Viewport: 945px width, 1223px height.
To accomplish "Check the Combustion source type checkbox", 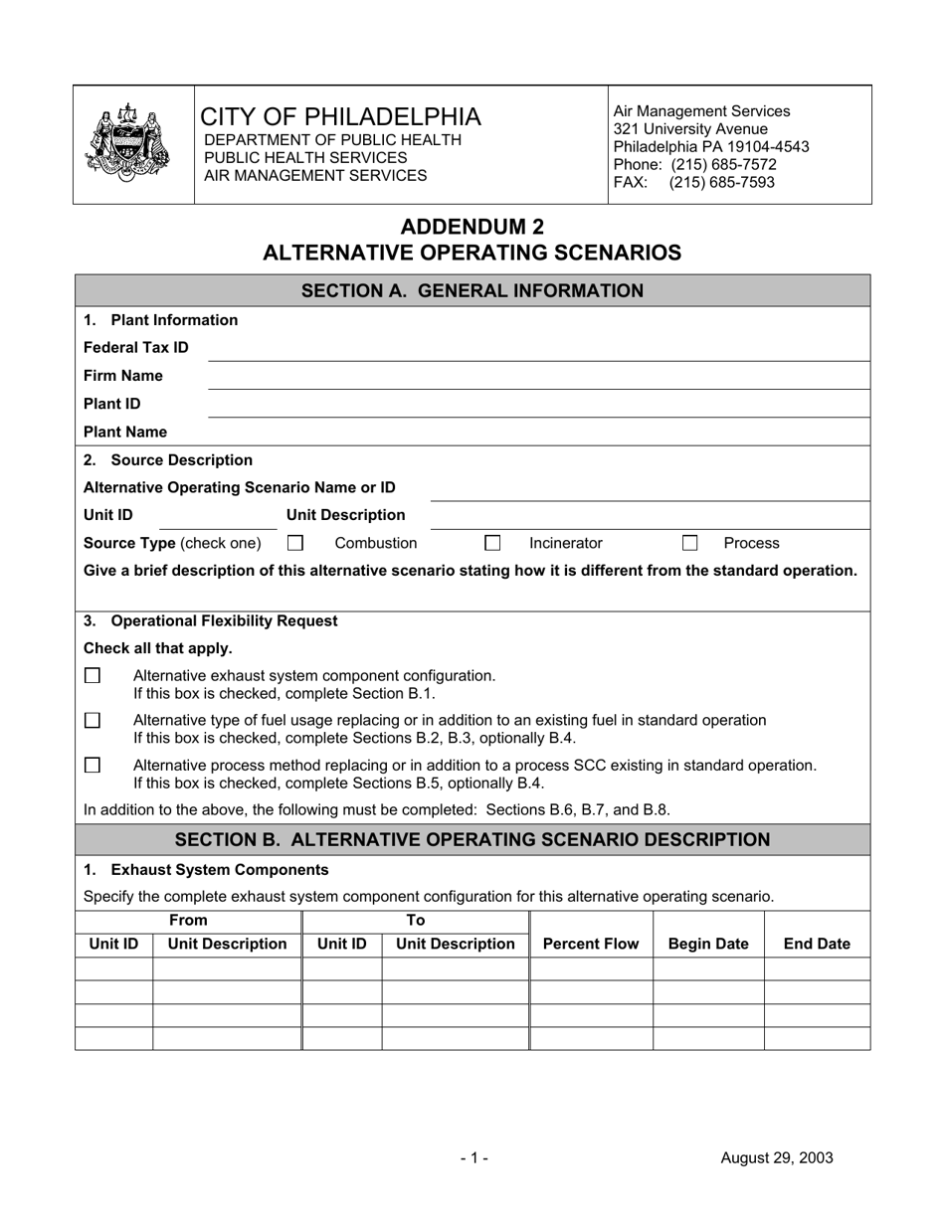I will [294, 543].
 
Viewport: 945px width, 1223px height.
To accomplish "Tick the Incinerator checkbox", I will [492, 543].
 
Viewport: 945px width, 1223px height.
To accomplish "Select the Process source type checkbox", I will [690, 543].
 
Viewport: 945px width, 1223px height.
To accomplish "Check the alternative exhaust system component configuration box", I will [93, 676].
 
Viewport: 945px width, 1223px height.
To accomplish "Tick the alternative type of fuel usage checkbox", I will [93, 720].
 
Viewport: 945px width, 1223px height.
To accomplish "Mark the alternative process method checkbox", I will [93, 766].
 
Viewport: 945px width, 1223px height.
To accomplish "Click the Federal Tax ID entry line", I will [537, 350].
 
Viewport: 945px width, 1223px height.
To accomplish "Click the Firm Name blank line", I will [537, 378].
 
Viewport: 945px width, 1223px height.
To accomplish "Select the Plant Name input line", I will [537, 435].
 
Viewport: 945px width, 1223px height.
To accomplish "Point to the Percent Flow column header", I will [591, 944].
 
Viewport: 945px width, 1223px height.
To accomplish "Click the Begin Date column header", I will [708, 944].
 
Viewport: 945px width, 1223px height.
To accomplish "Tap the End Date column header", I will [817, 944].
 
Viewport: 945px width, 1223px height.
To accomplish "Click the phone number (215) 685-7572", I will [723, 165].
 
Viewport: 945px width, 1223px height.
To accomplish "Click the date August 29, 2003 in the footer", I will [777, 1157].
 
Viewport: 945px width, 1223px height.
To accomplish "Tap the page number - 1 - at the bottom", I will [473, 1157].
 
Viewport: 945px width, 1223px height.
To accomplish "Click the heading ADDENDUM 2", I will [472, 227].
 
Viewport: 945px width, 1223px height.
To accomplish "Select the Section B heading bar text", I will [472, 839].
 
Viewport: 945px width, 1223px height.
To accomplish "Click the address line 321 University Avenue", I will [690, 129].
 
